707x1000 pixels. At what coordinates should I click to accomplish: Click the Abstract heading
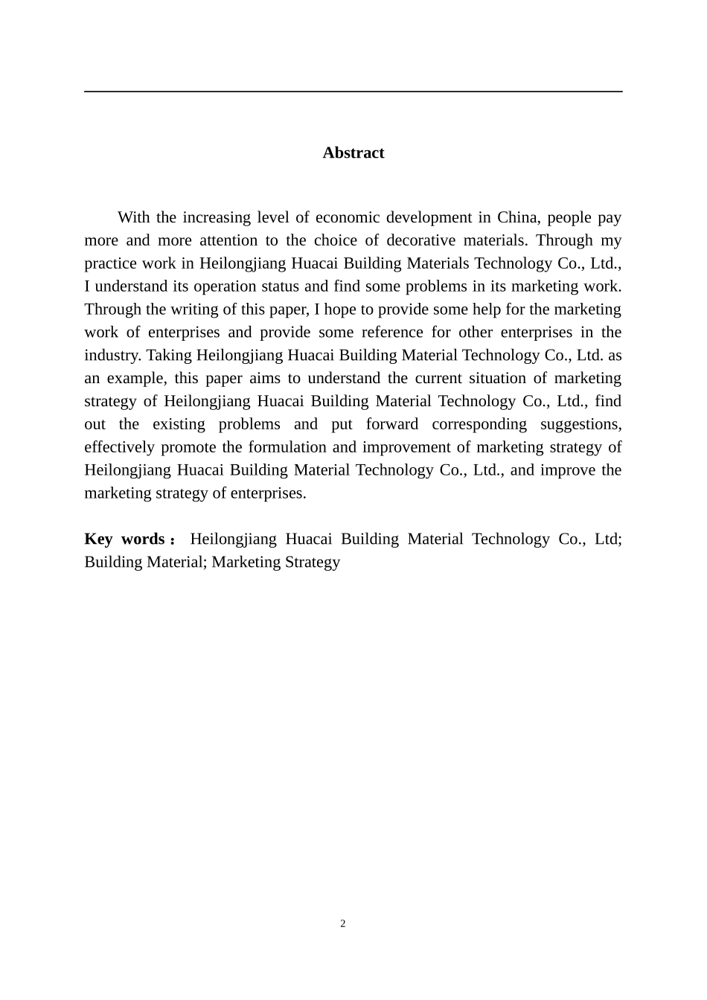pos(353,153)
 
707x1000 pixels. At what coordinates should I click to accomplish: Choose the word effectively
pos(119,447)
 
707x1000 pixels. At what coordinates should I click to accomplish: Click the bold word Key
pos(98,539)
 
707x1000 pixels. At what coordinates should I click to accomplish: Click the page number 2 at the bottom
pos(343,924)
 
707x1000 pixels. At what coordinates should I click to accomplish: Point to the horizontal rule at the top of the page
pos(353,92)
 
